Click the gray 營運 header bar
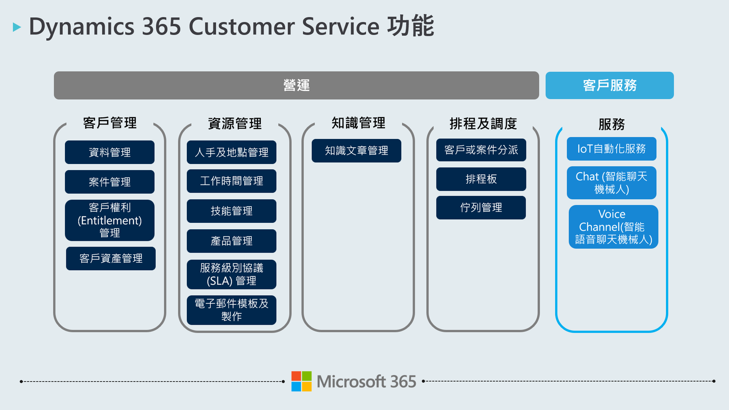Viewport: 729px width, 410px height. point(296,85)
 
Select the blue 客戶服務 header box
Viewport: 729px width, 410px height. point(609,85)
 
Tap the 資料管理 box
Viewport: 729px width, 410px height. point(110,152)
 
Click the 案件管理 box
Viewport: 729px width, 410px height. point(110,182)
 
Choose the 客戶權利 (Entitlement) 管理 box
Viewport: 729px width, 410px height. point(110,221)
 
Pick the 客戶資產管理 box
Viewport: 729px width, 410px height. point(111,259)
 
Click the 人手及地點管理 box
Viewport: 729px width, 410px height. point(231,152)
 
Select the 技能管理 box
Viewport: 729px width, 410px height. point(231,211)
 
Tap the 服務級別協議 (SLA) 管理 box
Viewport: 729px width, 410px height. point(231,274)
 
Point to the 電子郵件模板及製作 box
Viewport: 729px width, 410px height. point(231,310)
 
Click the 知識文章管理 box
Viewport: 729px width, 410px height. point(356,151)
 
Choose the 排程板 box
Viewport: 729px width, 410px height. point(481,179)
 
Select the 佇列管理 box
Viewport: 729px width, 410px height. point(481,208)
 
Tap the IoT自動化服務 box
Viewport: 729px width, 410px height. point(611,149)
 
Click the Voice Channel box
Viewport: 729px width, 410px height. point(614,227)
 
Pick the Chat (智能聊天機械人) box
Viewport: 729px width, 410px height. point(611,183)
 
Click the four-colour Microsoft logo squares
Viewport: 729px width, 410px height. point(301,381)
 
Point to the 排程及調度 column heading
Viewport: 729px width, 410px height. point(483,124)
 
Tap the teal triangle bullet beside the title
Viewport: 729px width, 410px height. point(17,27)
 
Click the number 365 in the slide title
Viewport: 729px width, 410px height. point(161,26)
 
